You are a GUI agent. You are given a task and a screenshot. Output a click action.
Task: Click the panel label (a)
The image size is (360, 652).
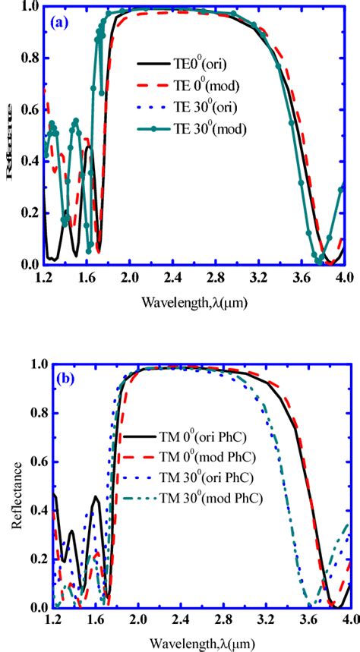59,24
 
